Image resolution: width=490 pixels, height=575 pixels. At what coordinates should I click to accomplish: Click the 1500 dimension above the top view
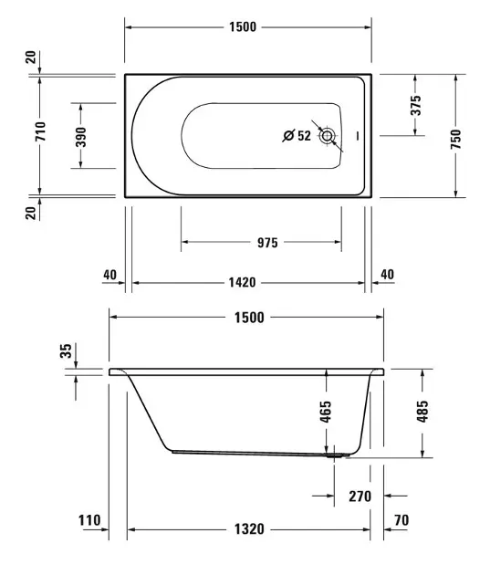point(243,27)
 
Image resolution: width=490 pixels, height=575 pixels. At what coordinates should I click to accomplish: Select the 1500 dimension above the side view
point(249,318)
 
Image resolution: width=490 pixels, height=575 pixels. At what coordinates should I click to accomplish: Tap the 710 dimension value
point(40,131)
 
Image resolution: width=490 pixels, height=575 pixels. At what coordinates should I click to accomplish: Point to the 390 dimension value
point(80,137)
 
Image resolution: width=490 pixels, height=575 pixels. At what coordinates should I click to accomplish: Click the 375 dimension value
point(415,105)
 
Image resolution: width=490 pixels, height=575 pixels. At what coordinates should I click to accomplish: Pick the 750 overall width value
point(455,139)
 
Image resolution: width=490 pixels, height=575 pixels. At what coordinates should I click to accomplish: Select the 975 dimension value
point(267,243)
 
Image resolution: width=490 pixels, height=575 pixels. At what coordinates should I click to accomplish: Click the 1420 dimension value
point(242,283)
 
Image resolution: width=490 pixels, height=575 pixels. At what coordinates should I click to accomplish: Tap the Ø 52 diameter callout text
point(297,136)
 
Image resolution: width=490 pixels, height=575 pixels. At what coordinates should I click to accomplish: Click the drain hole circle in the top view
point(327,136)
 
